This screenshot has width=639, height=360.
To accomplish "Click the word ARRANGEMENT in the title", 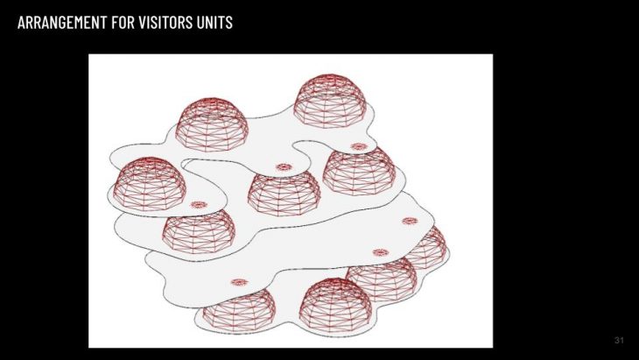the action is coord(62,22).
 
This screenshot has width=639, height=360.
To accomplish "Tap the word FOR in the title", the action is coord(123,22).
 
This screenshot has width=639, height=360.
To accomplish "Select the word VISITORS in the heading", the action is coord(165,22).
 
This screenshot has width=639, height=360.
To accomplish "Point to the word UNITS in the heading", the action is coord(214,22).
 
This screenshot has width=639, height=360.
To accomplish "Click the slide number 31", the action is coord(619,340).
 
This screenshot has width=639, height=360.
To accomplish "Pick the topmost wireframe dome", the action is coord(329,101).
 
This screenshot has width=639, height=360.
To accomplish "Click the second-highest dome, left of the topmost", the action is coord(212,124).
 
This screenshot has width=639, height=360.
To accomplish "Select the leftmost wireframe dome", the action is coord(150,183).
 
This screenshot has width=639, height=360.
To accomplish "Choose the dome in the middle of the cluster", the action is coord(284,193).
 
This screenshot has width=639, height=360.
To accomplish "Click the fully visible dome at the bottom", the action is coord(335,305).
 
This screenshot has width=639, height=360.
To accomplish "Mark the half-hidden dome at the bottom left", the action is coord(239,310).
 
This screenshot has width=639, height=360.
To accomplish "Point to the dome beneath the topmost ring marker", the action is coord(359,171).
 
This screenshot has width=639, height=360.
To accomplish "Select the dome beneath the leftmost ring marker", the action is coord(199,231).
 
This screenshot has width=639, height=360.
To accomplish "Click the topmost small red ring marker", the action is coord(359,146).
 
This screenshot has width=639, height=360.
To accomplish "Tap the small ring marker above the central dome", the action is coord(284,167).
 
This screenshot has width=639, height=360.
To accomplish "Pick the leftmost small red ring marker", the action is coord(199,205).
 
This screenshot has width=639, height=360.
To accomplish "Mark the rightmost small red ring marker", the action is coord(410,221).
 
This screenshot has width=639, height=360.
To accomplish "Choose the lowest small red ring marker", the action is coord(239,282).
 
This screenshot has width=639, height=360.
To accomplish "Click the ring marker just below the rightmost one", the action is coord(381,253).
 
